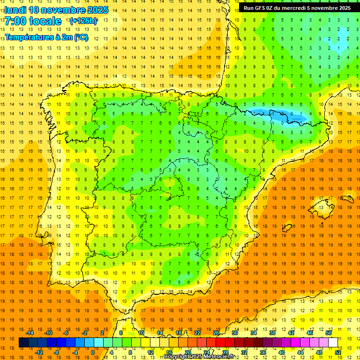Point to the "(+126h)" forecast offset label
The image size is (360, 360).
pos(83,21)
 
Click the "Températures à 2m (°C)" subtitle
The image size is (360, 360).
pos(46,37)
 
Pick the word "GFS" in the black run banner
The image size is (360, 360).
pos(262,8)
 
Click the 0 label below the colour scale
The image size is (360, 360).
pos(93,352)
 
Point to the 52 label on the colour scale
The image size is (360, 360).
pos(337,352)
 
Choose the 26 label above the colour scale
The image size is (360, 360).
pos(216,333)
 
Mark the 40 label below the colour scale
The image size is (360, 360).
pos(281,352)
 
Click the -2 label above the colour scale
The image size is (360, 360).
pos(85,333)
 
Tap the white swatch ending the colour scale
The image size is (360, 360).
pos(333,343)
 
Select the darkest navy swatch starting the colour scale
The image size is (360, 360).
pos(23,343)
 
